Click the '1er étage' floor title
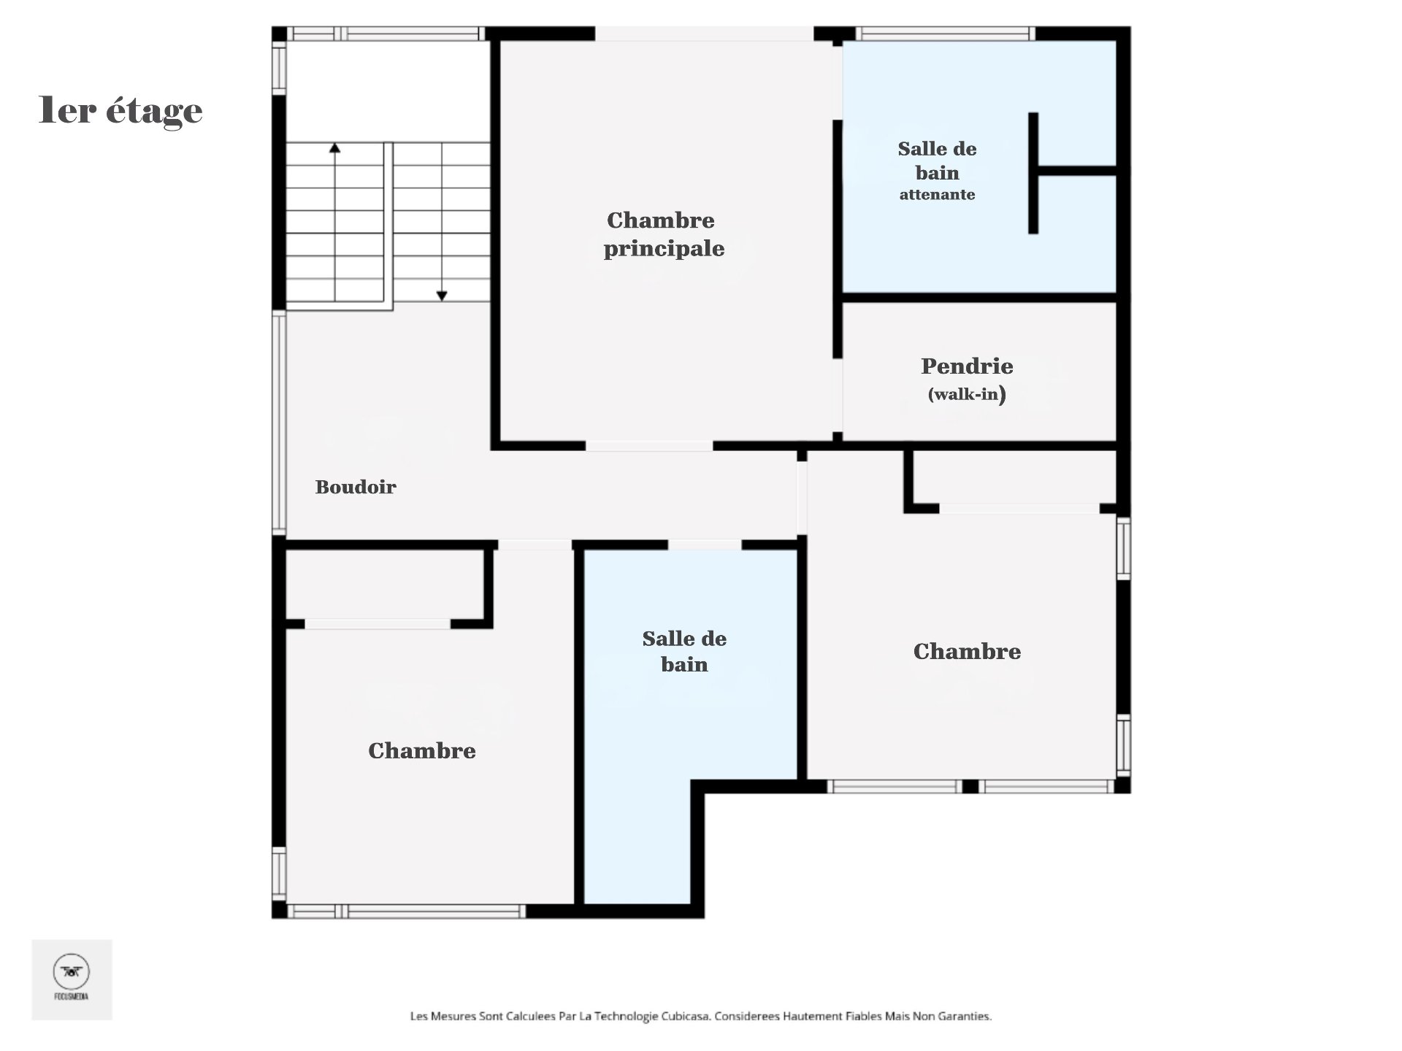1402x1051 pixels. tap(120, 111)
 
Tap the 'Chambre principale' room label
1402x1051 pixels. tap(663, 234)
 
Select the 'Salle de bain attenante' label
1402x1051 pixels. tap(937, 171)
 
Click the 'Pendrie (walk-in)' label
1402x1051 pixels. tap(967, 378)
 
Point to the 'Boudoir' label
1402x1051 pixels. tap(356, 487)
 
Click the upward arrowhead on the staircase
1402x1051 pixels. tap(334, 148)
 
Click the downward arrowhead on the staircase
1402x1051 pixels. tap(442, 296)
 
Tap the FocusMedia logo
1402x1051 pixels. tap(72, 978)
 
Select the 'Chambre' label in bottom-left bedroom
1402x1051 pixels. tap(421, 750)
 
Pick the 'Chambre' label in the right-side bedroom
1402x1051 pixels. tap(967, 651)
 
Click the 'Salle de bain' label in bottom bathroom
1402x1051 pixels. tap(684, 651)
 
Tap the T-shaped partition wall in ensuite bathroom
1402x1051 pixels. tap(1033, 172)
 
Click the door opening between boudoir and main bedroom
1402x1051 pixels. tap(648, 445)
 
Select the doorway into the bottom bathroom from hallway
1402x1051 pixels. tap(705, 544)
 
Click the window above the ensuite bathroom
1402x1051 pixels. tap(945, 34)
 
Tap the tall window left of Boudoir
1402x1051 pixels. tap(278, 422)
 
